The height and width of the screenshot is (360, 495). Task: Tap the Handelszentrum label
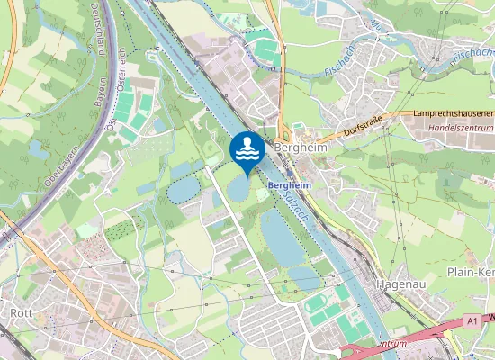(460, 127)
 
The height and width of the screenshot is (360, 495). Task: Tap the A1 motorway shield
(473, 320)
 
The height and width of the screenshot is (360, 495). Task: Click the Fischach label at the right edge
(473, 57)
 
